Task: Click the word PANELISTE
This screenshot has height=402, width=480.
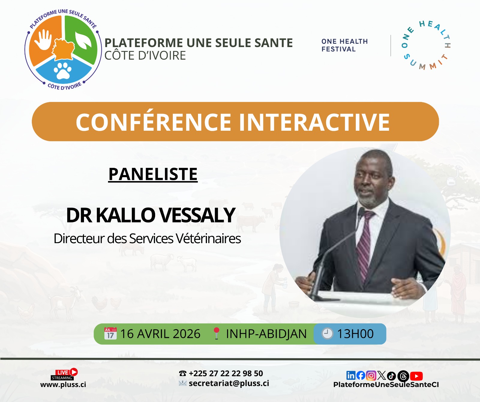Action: pos(153,174)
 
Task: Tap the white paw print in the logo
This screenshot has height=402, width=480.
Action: pos(63,71)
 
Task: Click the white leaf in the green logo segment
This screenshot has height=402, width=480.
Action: pos(83,40)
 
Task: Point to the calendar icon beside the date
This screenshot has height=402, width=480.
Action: pos(110,333)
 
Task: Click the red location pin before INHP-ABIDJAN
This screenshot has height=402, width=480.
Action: pos(216,333)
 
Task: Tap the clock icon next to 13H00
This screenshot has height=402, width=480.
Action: pos(327,334)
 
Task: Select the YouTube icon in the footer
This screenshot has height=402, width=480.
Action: pos(416,376)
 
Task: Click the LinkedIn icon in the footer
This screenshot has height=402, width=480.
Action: pos(351,375)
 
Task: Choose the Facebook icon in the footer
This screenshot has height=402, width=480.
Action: pos(361,376)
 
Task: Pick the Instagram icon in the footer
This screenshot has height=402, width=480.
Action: pos(371,376)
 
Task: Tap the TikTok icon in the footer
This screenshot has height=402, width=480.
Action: pos(391,376)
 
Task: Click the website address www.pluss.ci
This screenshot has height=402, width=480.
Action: pos(63,385)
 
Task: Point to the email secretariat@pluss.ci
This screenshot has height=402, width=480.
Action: pos(229,383)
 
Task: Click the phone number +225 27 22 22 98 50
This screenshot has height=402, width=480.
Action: pos(226,374)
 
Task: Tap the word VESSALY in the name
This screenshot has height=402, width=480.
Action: pos(197,215)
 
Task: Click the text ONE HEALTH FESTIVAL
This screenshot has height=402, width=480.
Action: pos(345,45)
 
